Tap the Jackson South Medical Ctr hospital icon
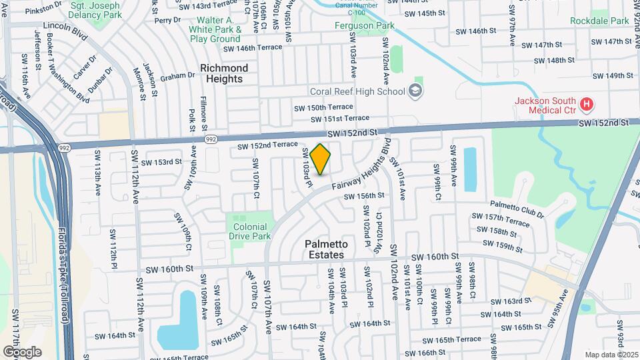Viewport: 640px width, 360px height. pyautogui.click(x=587, y=104)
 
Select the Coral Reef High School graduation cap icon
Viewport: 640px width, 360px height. pyautogui.click(x=416, y=91)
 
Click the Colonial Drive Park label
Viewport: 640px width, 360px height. pyautogui.click(x=249, y=231)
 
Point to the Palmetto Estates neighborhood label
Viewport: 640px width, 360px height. pyautogui.click(x=325, y=249)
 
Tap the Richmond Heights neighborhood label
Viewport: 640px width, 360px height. pyautogui.click(x=224, y=73)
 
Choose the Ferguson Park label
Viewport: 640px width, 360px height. pyautogui.click(x=365, y=26)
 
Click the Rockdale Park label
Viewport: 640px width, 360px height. pyautogui.click(x=599, y=21)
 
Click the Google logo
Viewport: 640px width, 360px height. pyautogui.click(x=22, y=351)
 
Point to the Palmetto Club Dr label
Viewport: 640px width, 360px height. pyautogui.click(x=517, y=209)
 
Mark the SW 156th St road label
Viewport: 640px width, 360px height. pyautogui.click(x=364, y=196)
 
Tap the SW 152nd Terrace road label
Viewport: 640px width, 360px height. pyautogui.click(x=267, y=145)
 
